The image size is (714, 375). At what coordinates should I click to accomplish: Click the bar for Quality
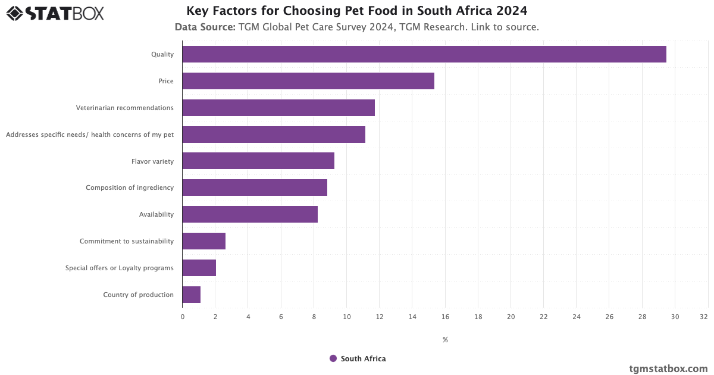tap(424, 54)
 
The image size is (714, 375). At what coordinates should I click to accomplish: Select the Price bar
tap(308, 81)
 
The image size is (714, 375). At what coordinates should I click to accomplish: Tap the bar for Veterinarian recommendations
tap(278, 108)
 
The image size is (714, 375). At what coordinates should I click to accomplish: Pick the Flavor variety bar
tap(258, 161)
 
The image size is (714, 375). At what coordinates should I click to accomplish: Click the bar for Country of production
tap(191, 295)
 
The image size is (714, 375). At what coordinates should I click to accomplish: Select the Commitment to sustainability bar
tap(203, 241)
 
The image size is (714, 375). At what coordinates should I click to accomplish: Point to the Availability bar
tap(250, 214)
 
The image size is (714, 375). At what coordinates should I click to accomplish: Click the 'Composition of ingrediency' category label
tap(130, 187)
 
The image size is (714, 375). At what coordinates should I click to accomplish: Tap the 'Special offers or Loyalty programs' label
tap(120, 268)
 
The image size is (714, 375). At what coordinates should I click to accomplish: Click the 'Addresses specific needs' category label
tap(90, 135)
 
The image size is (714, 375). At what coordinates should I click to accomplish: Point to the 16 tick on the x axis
tap(445, 317)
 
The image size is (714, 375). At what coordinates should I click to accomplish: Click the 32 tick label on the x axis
tap(704, 317)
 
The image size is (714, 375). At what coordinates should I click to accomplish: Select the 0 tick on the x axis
tap(183, 317)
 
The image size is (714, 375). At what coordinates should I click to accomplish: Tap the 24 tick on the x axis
tap(577, 317)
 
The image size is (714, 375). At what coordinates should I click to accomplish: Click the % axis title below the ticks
tap(445, 340)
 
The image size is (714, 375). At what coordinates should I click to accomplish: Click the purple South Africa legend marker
tap(333, 358)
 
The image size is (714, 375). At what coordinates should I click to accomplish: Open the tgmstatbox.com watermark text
tap(668, 368)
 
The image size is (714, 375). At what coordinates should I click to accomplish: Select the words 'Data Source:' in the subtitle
tap(205, 27)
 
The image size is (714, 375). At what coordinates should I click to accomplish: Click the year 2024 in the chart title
tap(512, 11)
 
